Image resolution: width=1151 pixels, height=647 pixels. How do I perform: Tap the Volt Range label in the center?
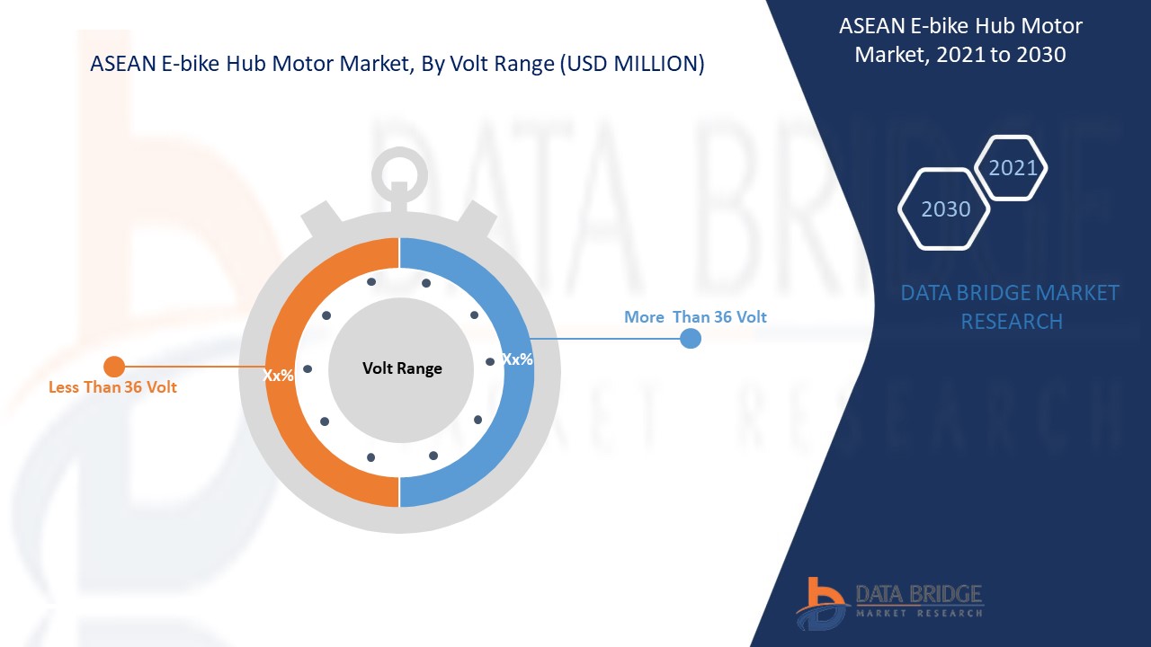(x=402, y=368)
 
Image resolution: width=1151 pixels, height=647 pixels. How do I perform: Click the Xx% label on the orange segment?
(x=278, y=376)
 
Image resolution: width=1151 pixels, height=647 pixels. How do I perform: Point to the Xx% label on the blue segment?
(x=517, y=359)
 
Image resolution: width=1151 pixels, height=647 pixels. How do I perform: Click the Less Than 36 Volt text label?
(x=112, y=387)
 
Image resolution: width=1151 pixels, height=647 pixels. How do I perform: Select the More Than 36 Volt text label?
(x=695, y=317)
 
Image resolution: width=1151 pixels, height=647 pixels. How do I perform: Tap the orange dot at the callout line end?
(x=114, y=367)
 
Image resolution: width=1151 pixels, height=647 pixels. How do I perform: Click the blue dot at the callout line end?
(x=691, y=339)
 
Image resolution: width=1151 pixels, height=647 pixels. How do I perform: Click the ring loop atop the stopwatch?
(x=400, y=156)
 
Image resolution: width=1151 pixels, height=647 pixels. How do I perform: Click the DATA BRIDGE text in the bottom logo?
(x=919, y=594)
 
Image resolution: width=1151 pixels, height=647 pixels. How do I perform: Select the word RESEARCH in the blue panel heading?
(x=1012, y=322)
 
